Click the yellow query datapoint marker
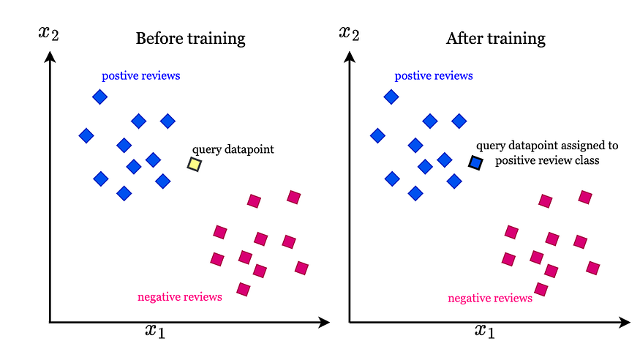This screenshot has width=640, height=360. [194, 165]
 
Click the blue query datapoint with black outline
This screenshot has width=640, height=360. [475, 163]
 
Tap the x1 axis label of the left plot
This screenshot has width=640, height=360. [154, 331]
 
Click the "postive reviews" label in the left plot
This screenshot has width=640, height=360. [141, 75]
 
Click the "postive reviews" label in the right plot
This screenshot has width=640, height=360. [434, 75]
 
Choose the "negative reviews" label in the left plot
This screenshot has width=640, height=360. [180, 297]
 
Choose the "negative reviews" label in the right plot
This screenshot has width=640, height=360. [489, 298]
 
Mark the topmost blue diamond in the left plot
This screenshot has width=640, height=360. [100, 97]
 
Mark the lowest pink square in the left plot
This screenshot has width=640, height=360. [244, 290]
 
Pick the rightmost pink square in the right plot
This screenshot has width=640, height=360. [593, 268]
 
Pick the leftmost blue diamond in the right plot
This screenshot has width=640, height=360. [377, 135]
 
